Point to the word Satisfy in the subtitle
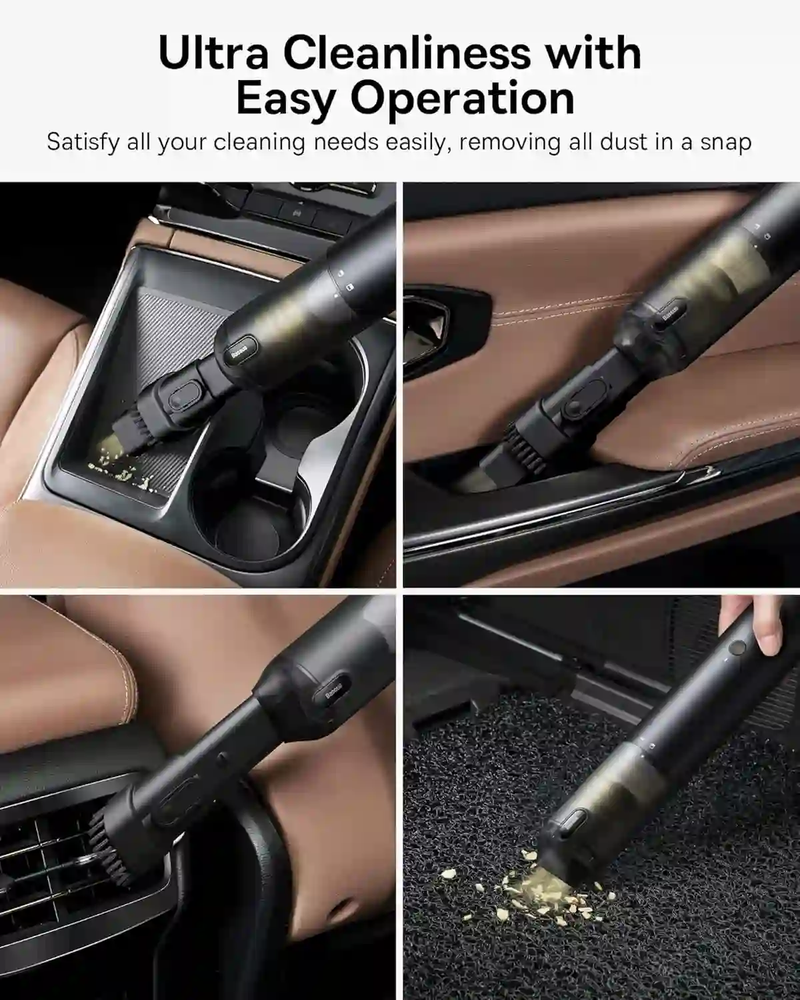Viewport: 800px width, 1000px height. tap(83, 142)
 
